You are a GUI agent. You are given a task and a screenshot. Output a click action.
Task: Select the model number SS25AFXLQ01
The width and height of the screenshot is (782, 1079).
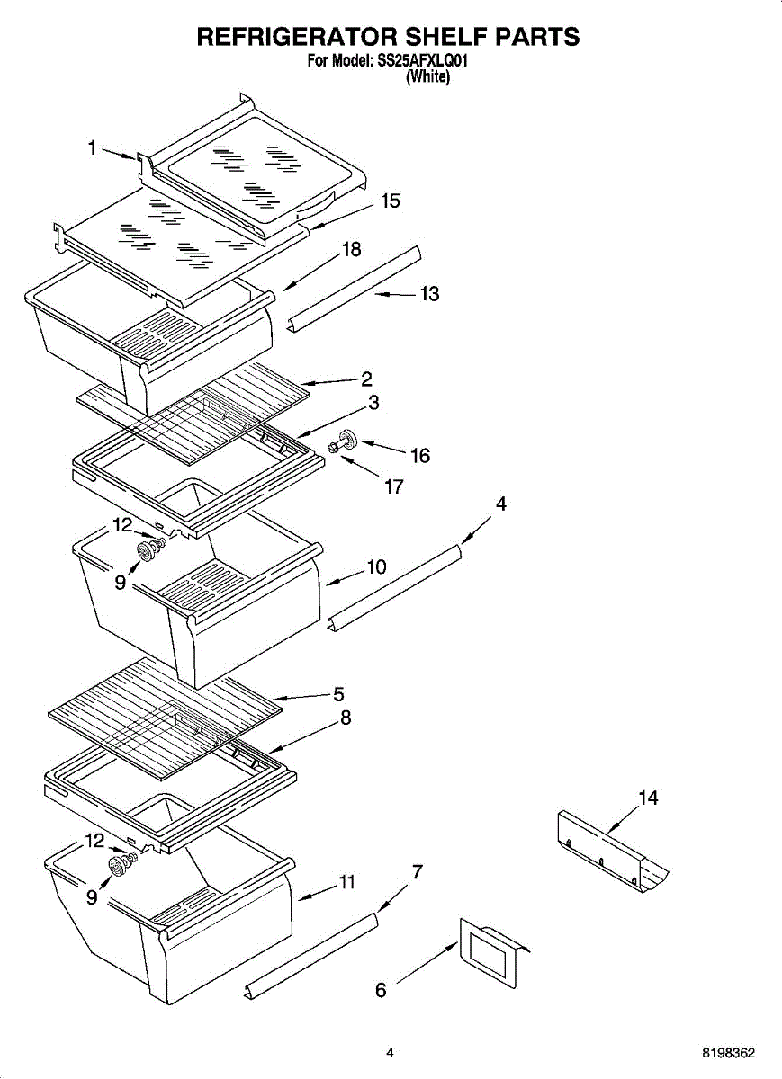tap(423, 62)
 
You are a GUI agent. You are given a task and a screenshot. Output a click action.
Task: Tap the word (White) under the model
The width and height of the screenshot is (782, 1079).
tap(427, 77)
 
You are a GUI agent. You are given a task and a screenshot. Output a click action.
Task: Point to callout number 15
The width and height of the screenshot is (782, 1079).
tap(390, 201)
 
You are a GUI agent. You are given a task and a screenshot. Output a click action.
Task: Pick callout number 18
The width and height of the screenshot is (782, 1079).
tap(351, 250)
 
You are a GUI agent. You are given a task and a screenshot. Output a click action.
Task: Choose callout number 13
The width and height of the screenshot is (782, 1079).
tap(429, 294)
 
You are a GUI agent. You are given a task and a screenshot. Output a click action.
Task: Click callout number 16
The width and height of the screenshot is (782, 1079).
tap(419, 456)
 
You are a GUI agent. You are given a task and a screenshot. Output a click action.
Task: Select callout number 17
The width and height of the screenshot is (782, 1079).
tap(392, 487)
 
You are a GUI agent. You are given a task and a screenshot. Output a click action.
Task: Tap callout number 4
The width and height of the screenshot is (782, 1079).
tap(501, 504)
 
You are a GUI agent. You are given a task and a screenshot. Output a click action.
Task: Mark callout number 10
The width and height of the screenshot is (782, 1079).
tap(375, 567)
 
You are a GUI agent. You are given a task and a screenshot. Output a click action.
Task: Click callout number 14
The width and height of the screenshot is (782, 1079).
tap(648, 798)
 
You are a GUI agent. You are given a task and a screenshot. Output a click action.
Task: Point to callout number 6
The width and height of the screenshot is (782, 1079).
tap(381, 991)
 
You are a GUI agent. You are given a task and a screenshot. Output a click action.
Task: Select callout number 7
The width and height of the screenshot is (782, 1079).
tap(417, 871)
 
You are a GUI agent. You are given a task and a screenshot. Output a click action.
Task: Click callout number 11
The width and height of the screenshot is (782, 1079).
tap(346, 883)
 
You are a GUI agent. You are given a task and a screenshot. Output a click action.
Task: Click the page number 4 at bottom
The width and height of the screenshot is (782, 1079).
tap(390, 1053)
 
